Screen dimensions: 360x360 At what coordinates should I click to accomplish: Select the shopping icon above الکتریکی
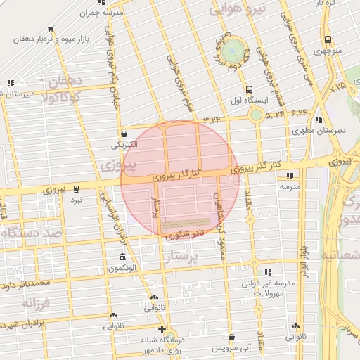[x=124, y=134]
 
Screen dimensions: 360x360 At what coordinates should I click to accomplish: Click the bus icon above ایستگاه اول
[x=250, y=89]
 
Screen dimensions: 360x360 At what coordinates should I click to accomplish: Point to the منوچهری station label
[x=329, y=51]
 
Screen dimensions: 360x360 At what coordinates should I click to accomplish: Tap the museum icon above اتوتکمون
[x=123, y=255]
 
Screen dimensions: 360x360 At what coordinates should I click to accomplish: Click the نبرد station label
[x=75, y=200]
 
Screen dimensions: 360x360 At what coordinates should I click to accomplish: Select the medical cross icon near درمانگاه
[x=162, y=329]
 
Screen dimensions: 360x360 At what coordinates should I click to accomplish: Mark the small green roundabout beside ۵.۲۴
[x=256, y=114]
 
